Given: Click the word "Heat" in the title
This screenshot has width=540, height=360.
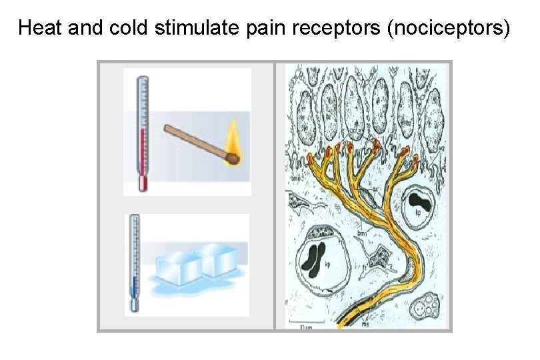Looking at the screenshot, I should (39, 29).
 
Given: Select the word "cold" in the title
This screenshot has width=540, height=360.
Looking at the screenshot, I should (126, 29).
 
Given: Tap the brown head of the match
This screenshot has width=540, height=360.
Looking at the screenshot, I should (231, 159).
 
